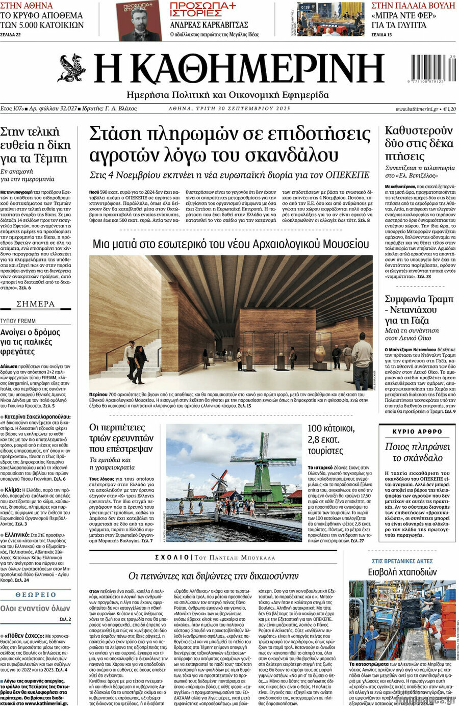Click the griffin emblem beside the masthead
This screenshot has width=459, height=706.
click(72, 68)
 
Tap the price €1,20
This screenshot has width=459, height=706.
click(449, 109)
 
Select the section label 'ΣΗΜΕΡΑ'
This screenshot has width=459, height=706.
click(35, 304)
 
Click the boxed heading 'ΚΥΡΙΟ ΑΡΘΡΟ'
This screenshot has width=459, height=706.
click(417, 431)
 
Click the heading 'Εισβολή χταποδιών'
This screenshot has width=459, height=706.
click(402, 571)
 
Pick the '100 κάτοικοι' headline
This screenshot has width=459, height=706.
click(330, 428)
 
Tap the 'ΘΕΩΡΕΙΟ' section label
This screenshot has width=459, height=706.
click(36, 595)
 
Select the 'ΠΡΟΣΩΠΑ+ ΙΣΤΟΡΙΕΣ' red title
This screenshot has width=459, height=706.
click(202, 9)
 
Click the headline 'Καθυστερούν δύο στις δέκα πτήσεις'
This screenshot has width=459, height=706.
click(419, 143)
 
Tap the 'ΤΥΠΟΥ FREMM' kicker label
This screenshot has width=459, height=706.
click(18, 321)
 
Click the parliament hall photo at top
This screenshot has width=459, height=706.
click(330, 19)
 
